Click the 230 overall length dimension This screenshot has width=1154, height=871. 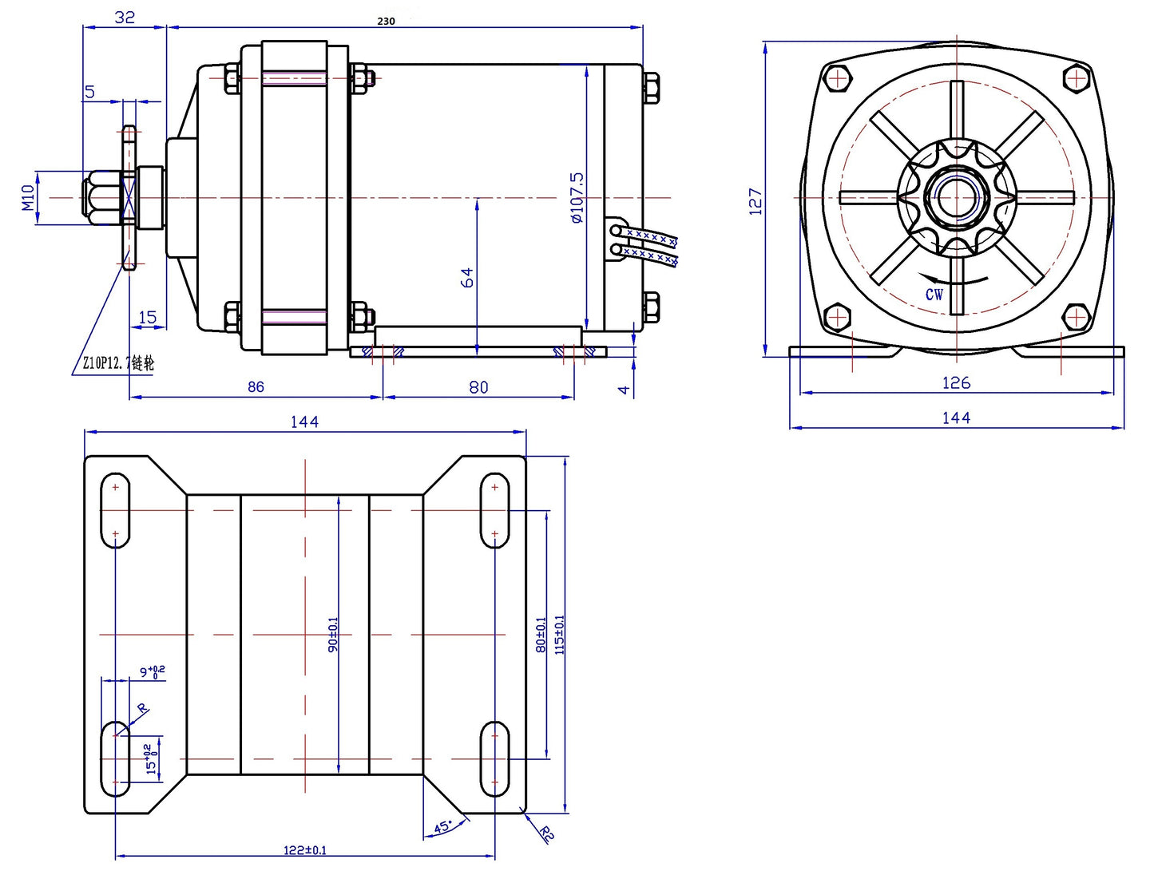[386, 22]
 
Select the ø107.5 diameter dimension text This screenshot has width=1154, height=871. [577, 197]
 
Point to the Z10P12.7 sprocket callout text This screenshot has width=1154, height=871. [118, 363]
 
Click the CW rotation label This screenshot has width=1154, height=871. [934, 295]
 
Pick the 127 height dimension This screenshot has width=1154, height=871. [755, 200]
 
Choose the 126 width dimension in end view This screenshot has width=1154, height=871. [955, 382]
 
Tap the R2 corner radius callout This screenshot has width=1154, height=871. [546, 834]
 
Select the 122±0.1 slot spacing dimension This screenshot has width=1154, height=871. [305, 850]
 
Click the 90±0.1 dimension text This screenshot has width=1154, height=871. [333, 635]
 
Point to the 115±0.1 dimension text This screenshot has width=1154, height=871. [559, 635]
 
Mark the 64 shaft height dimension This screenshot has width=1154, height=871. [467, 277]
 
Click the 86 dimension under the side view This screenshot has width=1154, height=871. [256, 387]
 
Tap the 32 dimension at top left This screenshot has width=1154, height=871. [125, 17]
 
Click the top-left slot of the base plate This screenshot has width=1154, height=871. [116, 510]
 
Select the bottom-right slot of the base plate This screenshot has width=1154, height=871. [494, 759]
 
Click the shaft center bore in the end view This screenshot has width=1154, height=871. [956, 197]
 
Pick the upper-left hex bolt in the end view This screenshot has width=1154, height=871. [837, 78]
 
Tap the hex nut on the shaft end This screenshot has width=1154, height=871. [99, 197]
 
